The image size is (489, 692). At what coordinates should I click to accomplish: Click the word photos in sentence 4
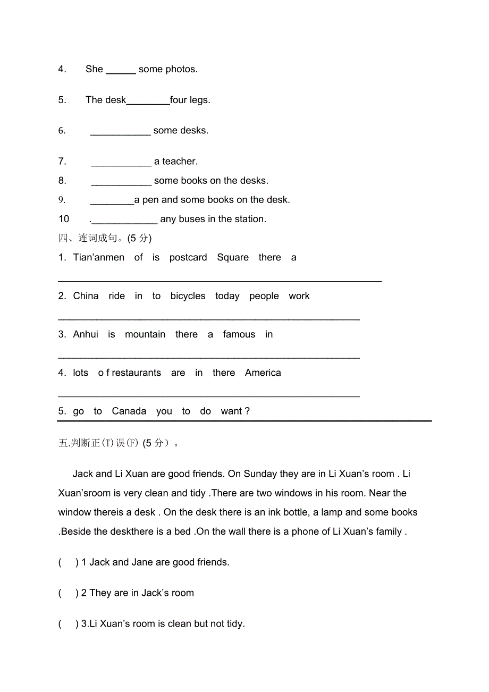181,69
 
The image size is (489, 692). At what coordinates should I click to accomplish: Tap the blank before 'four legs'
148,101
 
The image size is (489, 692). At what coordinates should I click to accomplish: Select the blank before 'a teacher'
121,163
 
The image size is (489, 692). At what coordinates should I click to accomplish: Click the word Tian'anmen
99,258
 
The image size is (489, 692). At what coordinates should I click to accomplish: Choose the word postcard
188,258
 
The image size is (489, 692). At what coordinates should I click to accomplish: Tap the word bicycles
188,296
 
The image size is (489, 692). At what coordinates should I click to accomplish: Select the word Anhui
86,334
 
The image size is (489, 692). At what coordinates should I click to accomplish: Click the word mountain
145,334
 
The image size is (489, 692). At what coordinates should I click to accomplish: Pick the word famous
239,334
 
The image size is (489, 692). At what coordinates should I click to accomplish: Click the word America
263,373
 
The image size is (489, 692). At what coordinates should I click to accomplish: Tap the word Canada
129,411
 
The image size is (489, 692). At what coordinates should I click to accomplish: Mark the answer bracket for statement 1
69,562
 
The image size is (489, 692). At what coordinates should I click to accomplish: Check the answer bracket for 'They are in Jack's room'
69,593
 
